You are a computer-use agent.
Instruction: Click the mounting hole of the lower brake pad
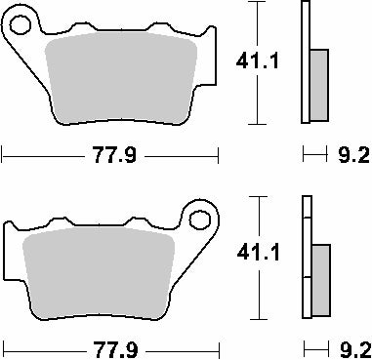click(202, 217)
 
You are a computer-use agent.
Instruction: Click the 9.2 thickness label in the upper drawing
click(353, 153)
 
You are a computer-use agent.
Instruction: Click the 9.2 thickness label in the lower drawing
click(353, 347)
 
